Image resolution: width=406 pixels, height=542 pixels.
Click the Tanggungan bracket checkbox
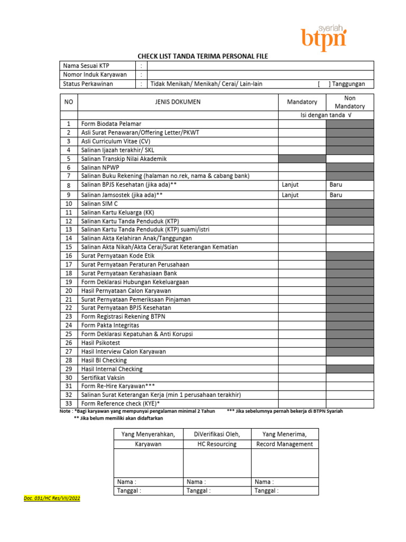tap(324, 84)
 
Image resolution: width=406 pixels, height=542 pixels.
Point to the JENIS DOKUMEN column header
tap(178, 102)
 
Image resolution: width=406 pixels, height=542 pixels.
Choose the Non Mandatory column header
tap(349, 102)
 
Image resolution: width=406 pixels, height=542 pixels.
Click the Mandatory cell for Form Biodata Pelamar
tap(302, 124)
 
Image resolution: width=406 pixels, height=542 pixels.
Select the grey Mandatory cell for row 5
tap(302, 159)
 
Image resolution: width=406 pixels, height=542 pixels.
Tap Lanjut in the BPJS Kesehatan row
tap(290, 185)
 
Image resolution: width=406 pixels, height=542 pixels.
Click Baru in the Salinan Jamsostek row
tap(336, 195)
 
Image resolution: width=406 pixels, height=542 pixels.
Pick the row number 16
tap(69, 256)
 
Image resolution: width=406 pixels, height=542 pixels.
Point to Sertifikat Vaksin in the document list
tap(103, 377)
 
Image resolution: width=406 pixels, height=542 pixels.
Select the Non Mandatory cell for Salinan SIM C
tap(349, 204)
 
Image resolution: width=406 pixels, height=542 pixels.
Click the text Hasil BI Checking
tap(104, 360)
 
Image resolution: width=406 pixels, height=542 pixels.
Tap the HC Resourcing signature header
tap(217, 444)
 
